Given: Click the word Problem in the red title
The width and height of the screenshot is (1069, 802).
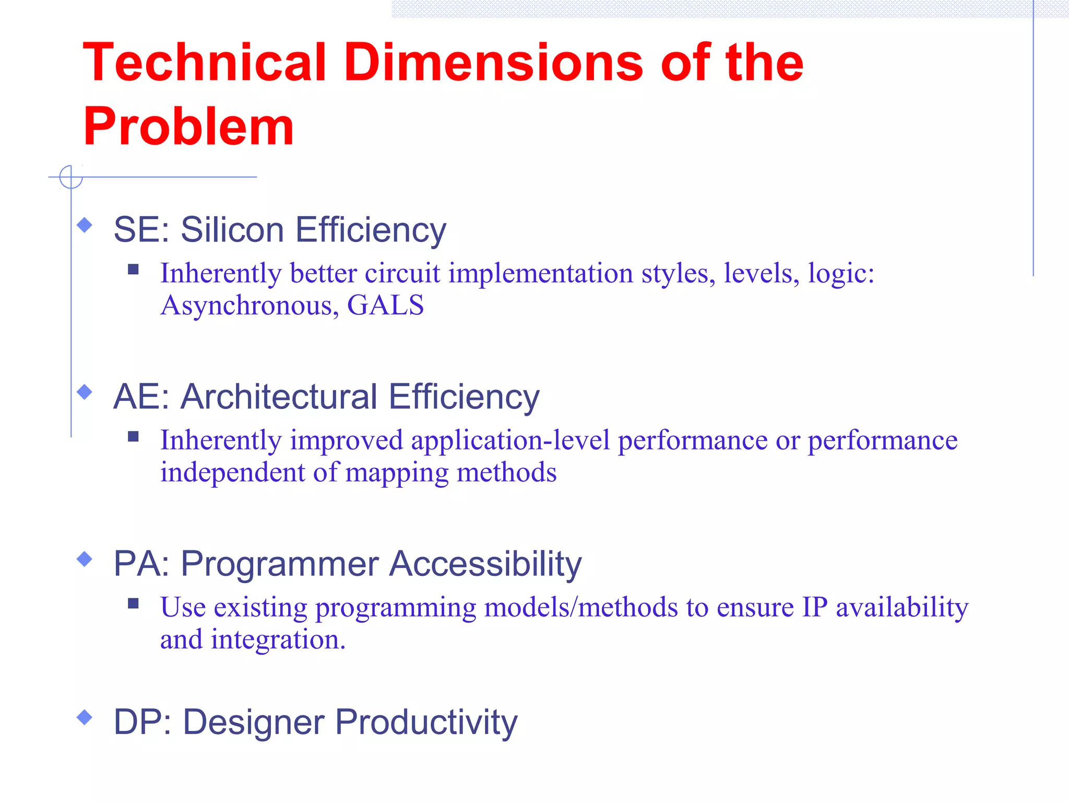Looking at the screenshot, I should point(188,127).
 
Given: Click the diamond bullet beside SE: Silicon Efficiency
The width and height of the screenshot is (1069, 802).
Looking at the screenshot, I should point(85,226).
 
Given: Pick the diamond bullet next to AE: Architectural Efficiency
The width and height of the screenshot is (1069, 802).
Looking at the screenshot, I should point(85,392).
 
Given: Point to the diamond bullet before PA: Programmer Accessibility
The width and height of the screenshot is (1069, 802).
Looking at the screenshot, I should point(85,559).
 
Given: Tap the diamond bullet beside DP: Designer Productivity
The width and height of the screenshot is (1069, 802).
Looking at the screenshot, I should point(85,717).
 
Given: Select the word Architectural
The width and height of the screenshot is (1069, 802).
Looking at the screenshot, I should point(279,397).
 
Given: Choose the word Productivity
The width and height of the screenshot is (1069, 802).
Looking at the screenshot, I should point(426,723).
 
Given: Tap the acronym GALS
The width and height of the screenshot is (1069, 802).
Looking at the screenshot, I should point(385,305).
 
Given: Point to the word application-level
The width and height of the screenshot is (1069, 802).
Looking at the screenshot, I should point(510,440).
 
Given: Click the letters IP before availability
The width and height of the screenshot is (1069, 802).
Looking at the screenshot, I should point(815,607).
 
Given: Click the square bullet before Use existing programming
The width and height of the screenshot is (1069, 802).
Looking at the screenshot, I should point(133,604).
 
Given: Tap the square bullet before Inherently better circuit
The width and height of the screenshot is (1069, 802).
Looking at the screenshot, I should point(133,269).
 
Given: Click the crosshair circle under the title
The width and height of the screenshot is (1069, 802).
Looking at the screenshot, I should point(71,177).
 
